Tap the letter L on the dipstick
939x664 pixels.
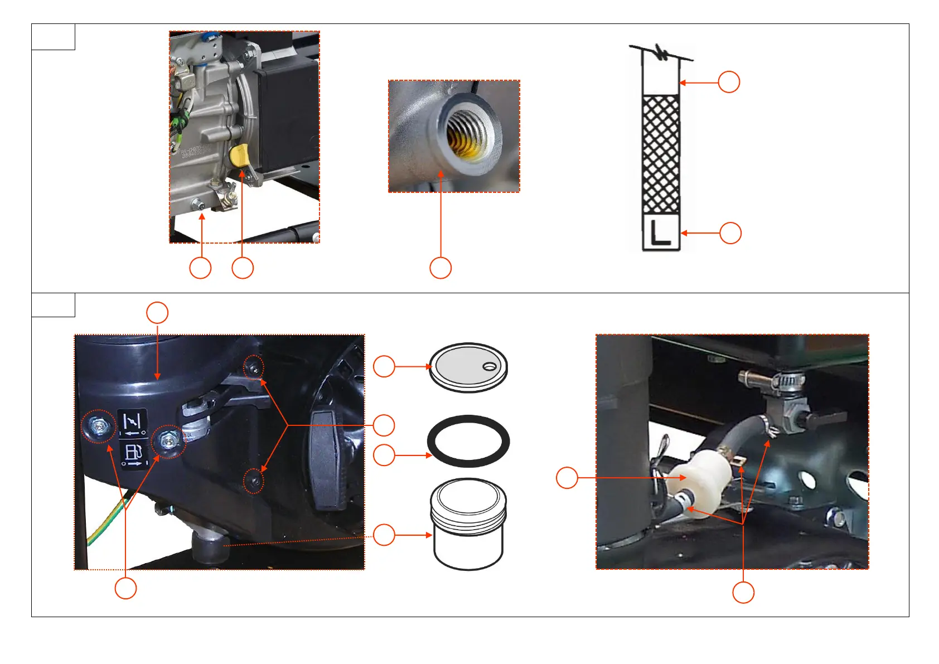(x=661, y=233)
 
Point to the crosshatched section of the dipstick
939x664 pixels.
(x=661, y=153)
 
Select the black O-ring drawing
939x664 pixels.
(x=468, y=440)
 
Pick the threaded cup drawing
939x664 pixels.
(x=468, y=524)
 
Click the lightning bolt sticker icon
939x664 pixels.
(x=133, y=423)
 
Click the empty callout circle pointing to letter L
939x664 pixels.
(x=730, y=233)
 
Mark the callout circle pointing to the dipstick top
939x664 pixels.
(x=728, y=82)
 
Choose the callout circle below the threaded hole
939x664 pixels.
(x=440, y=268)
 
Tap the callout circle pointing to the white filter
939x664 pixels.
(x=567, y=478)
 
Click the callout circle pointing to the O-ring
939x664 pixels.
(x=384, y=455)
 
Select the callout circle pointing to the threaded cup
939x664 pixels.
(x=384, y=535)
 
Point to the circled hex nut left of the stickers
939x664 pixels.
(x=99, y=426)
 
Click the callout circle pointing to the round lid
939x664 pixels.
(x=384, y=366)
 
